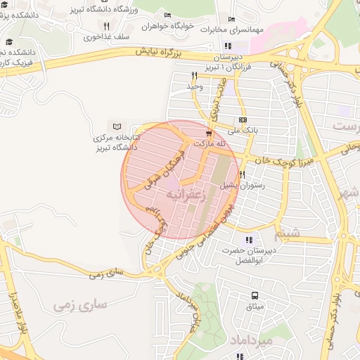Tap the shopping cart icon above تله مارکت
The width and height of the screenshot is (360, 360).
[208, 132]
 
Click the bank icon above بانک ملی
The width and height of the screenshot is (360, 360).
[243, 120]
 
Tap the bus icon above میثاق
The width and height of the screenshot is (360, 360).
[255, 296]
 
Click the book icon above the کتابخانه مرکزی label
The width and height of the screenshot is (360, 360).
[117, 125]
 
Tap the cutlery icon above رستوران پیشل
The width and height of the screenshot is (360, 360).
[242, 174]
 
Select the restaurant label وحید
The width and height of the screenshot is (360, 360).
[193, 86]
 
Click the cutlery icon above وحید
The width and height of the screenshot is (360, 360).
[193, 75]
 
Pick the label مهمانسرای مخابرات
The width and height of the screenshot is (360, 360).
[230, 30]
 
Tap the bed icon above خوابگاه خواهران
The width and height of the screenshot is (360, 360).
[167, 15]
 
